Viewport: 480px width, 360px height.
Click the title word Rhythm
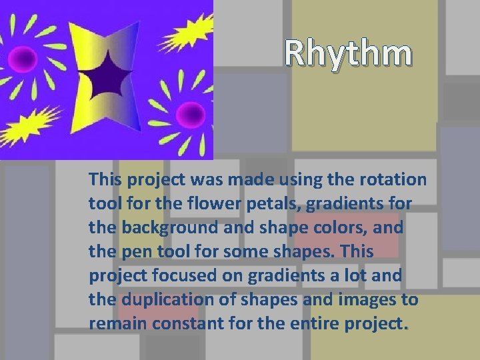tap(348, 54)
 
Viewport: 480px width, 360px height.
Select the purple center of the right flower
tap(193, 111)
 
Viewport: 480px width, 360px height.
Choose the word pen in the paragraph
tap(127, 252)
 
